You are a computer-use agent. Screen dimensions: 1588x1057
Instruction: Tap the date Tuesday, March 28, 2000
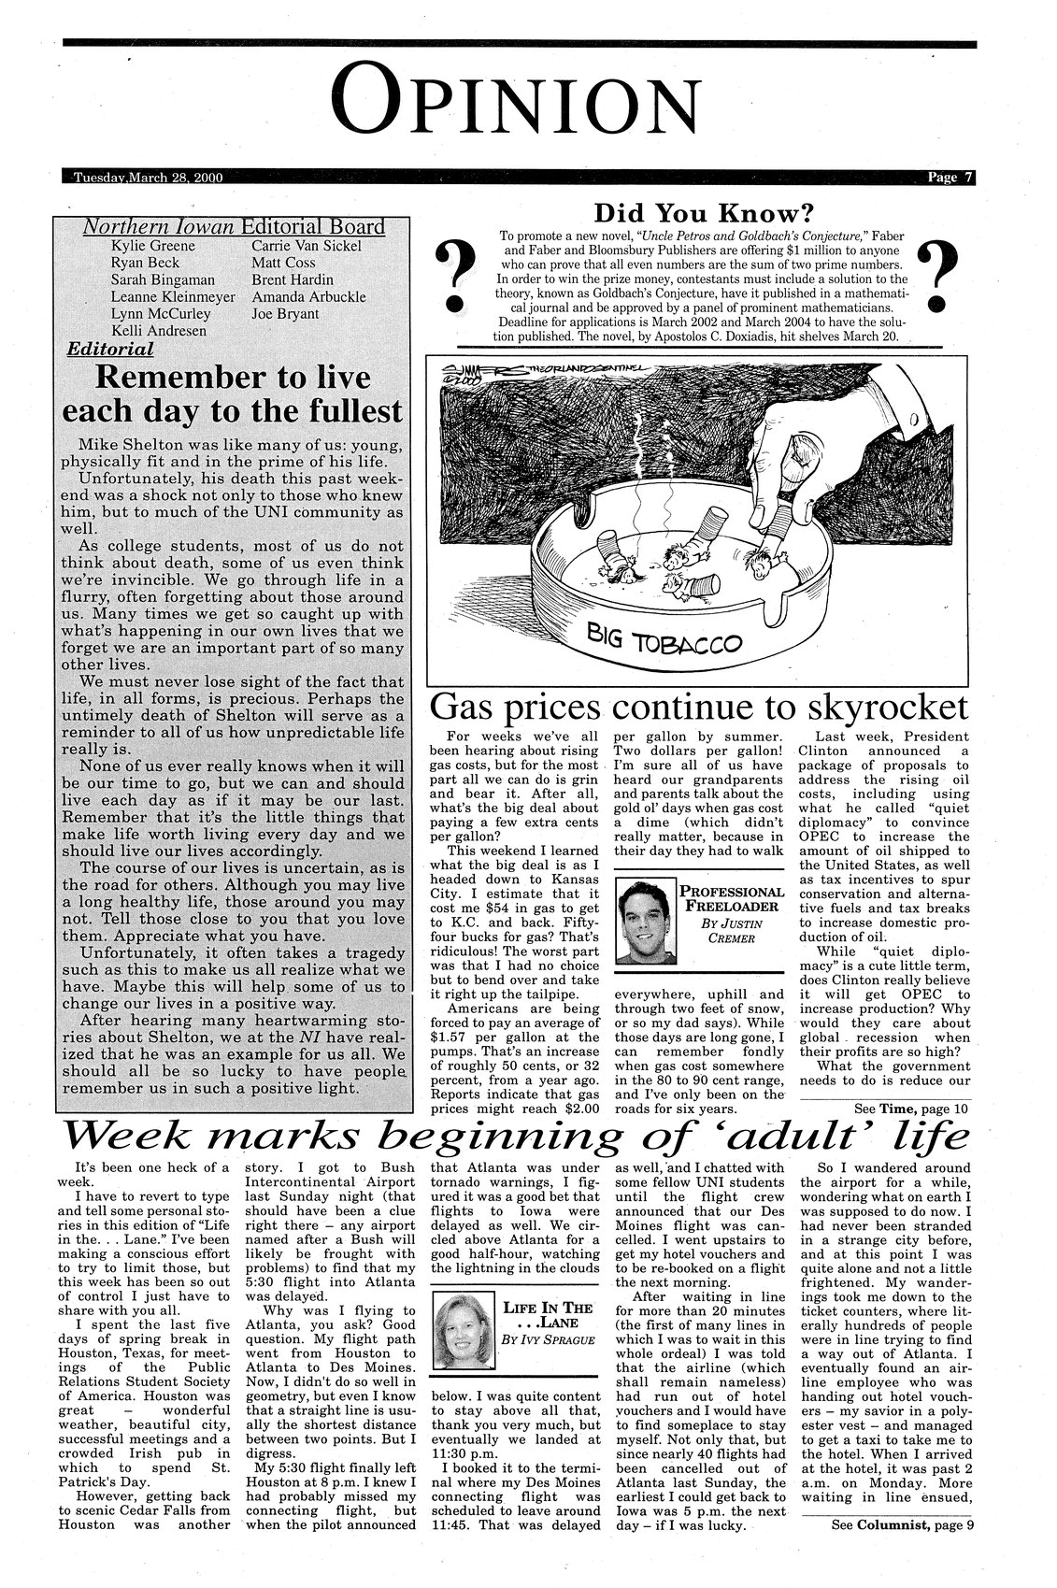148,179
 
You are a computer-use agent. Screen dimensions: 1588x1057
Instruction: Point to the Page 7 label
950,179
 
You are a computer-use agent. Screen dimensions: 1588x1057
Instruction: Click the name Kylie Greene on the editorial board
153,246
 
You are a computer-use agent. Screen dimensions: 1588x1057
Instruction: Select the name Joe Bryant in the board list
285,313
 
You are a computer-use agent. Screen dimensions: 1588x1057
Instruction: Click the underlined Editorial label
110,350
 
